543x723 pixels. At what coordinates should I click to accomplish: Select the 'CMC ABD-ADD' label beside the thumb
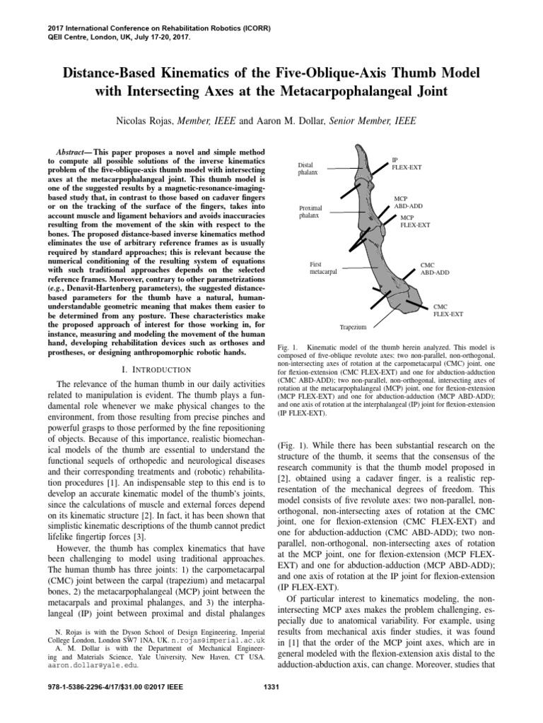click(x=434, y=268)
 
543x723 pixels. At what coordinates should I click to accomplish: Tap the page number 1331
click(x=271, y=707)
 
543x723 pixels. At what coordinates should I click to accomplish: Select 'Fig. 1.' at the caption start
click(x=286, y=347)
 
